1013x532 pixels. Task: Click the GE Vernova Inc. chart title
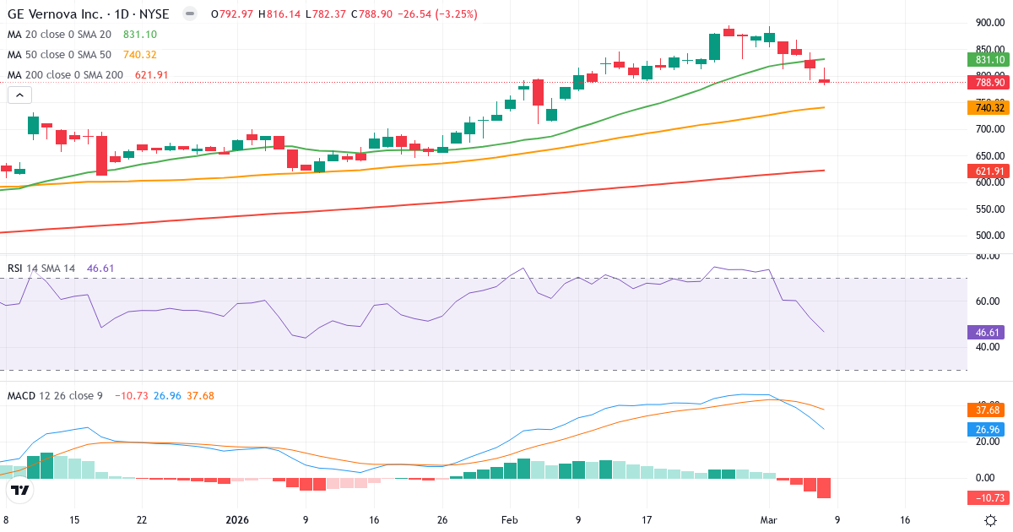click(89, 14)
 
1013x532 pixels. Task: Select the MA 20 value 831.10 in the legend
click(139, 35)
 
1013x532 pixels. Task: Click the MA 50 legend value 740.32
click(139, 55)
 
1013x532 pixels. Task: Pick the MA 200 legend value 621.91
click(151, 75)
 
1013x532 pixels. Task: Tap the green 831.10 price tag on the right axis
click(987, 60)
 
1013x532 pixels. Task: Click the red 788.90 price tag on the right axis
click(987, 82)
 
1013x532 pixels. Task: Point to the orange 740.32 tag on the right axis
click(987, 108)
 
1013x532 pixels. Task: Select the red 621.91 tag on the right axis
click(987, 171)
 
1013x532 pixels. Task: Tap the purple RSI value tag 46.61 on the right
click(987, 333)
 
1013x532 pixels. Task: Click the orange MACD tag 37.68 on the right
click(987, 410)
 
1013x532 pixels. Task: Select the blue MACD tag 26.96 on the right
click(987, 429)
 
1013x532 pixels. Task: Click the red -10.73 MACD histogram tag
click(987, 497)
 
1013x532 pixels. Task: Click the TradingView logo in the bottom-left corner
click(20, 491)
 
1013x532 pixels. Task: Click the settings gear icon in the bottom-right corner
click(992, 520)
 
